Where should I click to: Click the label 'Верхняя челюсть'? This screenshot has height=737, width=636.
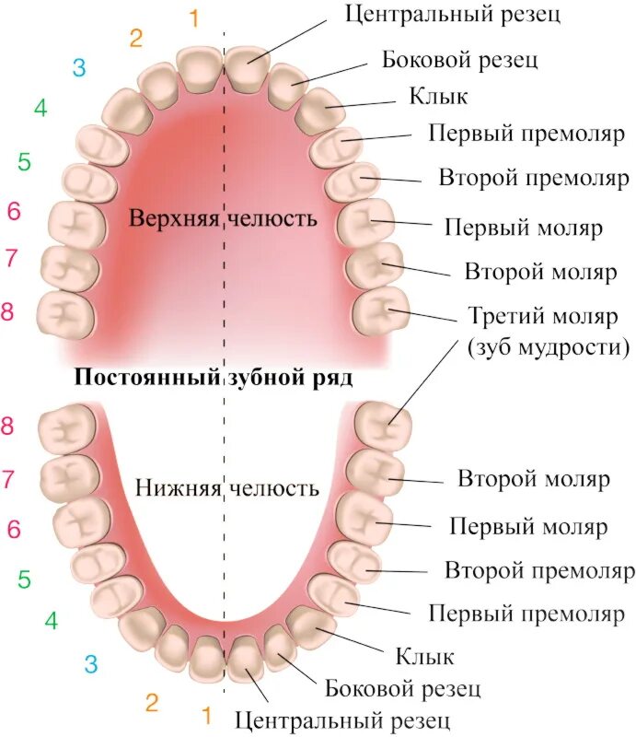point(224,219)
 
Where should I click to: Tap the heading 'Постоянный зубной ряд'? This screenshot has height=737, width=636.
point(214,377)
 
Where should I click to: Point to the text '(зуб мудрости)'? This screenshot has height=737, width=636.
point(549,346)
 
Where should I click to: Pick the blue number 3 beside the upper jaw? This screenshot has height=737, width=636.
point(79,67)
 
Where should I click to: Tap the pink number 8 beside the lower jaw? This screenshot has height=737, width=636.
point(8,426)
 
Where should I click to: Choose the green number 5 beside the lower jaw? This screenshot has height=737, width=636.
point(24,579)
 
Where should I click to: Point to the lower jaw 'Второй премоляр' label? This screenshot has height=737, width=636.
point(539,570)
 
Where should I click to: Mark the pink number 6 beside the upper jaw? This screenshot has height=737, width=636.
point(13,211)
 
